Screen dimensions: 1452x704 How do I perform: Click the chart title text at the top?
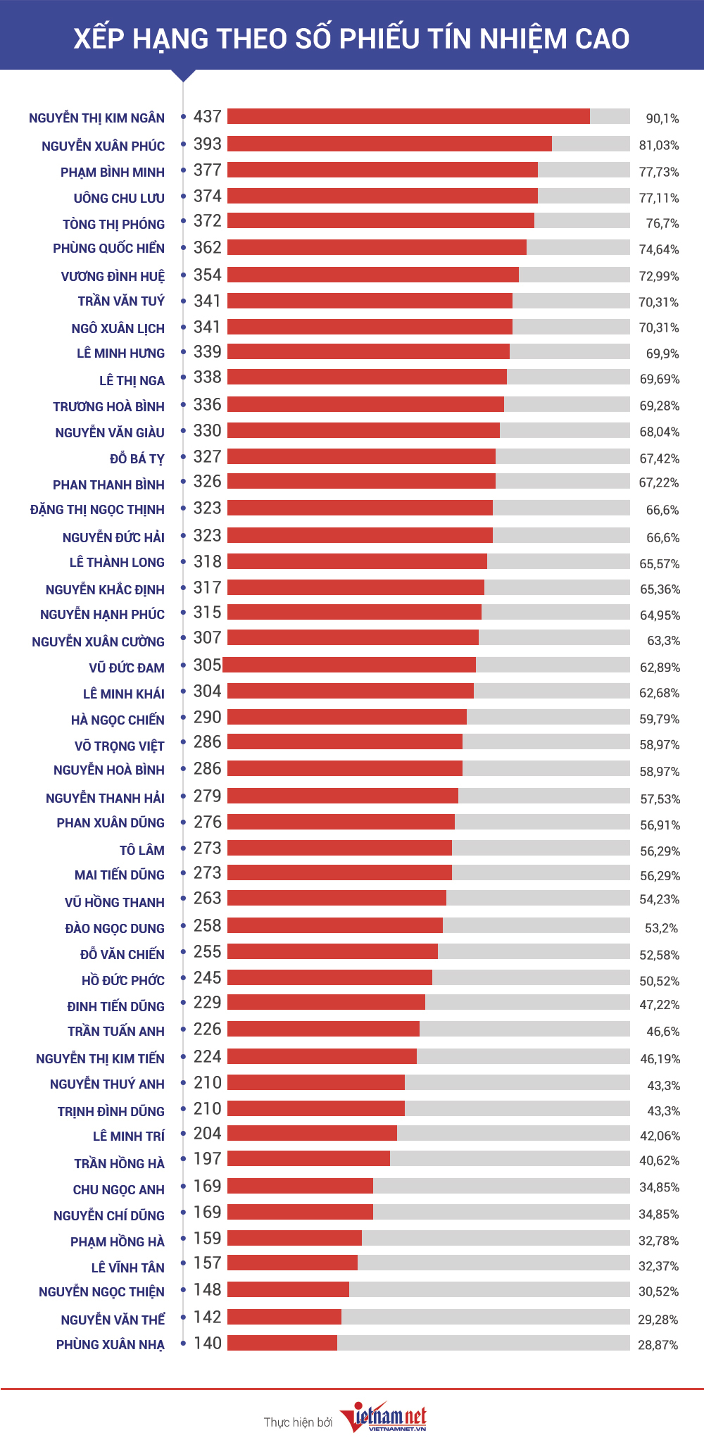coord(352,39)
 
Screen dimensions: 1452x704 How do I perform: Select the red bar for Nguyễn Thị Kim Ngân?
coord(408,116)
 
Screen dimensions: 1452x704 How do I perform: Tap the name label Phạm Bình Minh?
coord(113,173)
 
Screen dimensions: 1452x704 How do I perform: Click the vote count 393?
coord(208,144)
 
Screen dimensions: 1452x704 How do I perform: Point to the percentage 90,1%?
coord(662,118)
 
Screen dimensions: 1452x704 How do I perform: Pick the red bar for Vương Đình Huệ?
coord(373,275)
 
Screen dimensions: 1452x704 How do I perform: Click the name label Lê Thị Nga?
coord(132,381)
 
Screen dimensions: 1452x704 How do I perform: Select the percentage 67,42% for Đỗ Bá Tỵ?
coord(660,458)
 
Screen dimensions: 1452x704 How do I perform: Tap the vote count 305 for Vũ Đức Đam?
coord(208,665)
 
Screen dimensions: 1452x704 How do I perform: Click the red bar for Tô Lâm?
coord(339,848)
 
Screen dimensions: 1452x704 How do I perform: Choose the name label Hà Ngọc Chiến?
coord(118,720)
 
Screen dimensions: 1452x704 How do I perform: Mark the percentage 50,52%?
coord(660,981)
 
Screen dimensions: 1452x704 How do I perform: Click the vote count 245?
coord(208,978)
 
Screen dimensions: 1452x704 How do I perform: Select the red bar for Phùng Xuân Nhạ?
coord(282,1343)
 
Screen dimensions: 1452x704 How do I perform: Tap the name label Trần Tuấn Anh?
coord(116,1032)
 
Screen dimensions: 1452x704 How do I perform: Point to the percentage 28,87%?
coord(658,1345)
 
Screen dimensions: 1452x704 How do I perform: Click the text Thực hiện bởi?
coord(298,1422)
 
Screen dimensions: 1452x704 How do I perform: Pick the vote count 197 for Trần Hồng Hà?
coord(208,1159)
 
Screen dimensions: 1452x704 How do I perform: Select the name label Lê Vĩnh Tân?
coord(128,1268)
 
